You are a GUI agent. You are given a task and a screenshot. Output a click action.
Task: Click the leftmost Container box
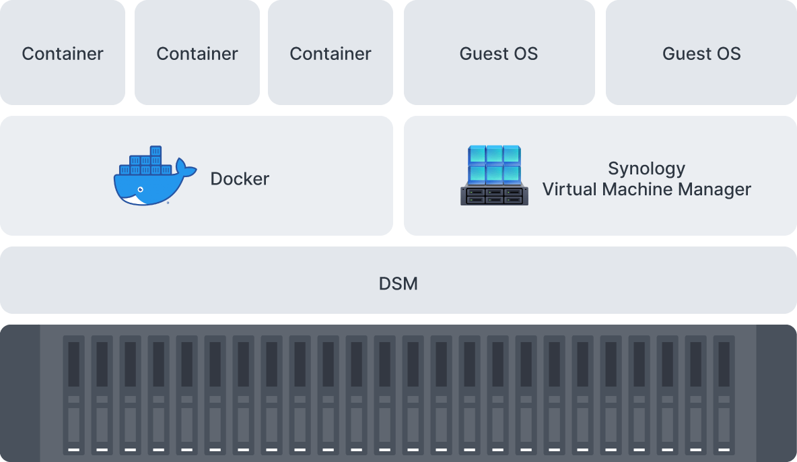[63, 53]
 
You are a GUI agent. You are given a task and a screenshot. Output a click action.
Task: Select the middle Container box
[197, 53]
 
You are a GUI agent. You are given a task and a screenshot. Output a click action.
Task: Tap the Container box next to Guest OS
[330, 53]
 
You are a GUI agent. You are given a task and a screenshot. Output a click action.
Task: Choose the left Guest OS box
[499, 53]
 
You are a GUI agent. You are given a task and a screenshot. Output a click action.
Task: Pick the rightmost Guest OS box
[701, 53]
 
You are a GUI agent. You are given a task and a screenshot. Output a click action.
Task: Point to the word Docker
[240, 178]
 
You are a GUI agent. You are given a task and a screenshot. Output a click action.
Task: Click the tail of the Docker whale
[184, 167]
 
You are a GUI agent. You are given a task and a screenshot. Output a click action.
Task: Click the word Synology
[646, 168]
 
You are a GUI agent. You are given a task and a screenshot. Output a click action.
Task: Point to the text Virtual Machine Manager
[646, 189]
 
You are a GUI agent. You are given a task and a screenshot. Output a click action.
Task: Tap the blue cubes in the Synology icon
[494, 164]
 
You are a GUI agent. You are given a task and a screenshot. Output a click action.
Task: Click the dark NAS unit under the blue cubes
[494, 195]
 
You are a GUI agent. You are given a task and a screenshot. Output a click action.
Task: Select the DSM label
[398, 284]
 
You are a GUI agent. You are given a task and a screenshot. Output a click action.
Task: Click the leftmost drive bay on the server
[74, 394]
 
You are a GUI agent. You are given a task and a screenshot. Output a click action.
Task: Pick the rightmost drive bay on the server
[724, 394]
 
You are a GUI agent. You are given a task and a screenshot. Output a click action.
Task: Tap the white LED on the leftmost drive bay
[74, 449]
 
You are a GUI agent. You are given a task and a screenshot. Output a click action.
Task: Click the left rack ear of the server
[20, 394]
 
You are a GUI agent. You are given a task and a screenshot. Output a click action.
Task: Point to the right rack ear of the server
[777, 394]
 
